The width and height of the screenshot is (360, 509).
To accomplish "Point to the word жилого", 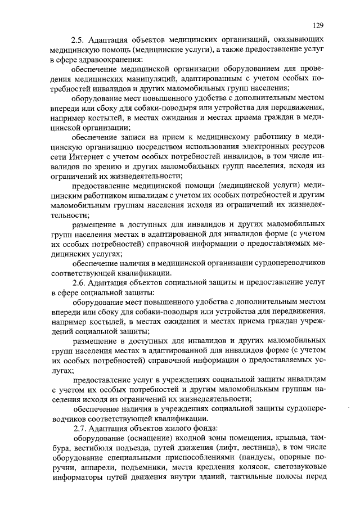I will [176, 428].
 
